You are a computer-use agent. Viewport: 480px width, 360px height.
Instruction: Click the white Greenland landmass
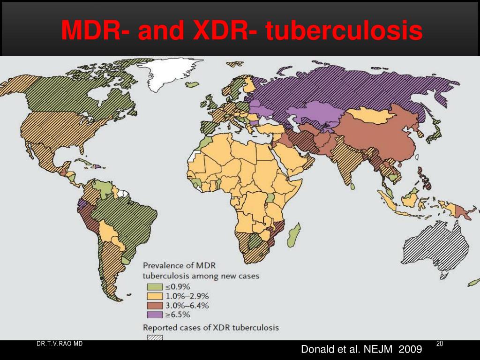coord(169,75)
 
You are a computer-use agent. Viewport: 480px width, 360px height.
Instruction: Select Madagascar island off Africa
coord(294,234)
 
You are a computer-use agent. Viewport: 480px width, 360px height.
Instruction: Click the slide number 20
coord(439,345)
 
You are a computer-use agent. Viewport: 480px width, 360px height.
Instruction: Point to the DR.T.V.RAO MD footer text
coord(60,344)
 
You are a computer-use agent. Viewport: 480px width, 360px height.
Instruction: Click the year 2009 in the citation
coord(410,350)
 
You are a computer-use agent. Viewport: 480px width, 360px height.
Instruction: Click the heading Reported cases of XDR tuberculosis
coord(210,327)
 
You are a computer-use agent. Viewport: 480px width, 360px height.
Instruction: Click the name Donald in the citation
coord(316,350)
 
